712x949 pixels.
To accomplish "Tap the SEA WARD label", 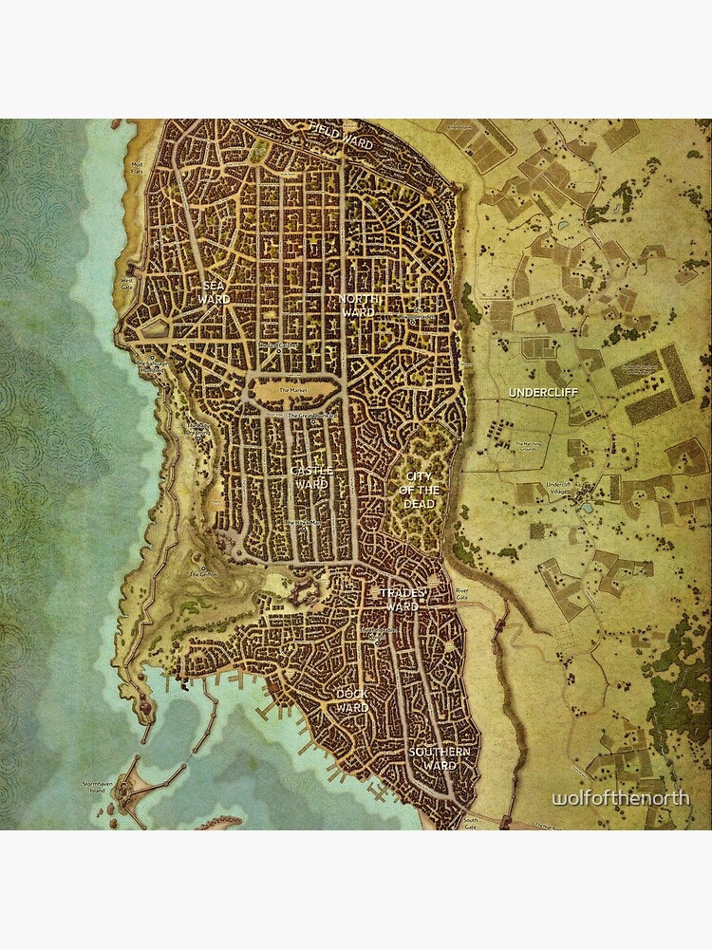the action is coord(215,292).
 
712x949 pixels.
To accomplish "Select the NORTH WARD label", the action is coord(358,305).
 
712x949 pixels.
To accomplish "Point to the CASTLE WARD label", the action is coord(311,476).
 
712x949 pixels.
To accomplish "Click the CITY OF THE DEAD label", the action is coord(420,490).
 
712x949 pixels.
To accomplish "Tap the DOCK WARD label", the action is coord(352,700).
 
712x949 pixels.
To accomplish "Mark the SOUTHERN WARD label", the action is coord(440,758).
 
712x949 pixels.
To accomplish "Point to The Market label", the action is coord(295,390).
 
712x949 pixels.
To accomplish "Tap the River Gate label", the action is coord(462,593).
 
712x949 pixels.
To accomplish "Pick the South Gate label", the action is coord(469,822).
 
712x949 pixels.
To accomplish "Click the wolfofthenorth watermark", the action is coord(621,799).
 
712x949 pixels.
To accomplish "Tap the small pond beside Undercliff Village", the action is coord(586,508).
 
